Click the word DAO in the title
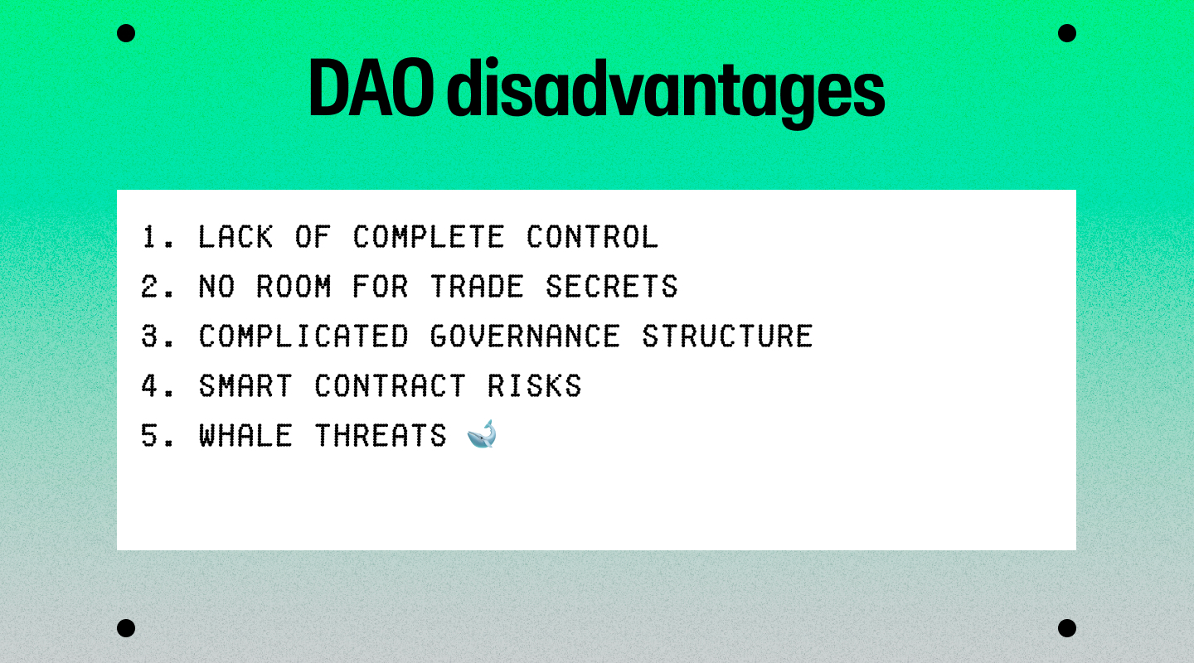(x=371, y=87)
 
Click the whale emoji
(x=482, y=434)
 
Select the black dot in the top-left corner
(x=126, y=33)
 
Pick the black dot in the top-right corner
(x=1066, y=33)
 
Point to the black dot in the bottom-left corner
(x=126, y=628)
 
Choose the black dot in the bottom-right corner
(x=1066, y=628)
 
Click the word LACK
(x=235, y=237)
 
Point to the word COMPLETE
(x=428, y=237)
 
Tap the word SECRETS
(x=611, y=286)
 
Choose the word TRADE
(x=477, y=286)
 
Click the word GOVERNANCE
(x=525, y=336)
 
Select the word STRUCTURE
(x=727, y=336)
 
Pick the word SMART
(x=245, y=386)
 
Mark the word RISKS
(x=535, y=386)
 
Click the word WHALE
(x=245, y=435)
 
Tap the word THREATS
(x=380, y=435)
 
